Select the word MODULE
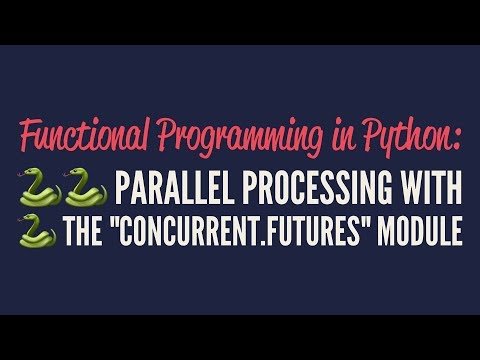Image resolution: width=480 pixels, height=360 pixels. (421, 233)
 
